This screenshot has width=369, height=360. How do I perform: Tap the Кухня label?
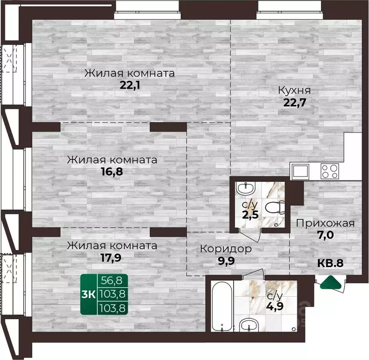(x=295, y=90)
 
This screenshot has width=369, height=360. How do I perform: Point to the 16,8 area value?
(x=111, y=171)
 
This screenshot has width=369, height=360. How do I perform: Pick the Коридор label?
(x=226, y=248)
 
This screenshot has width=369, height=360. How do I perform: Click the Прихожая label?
(x=325, y=223)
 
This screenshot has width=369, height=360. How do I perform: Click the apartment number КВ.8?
(x=331, y=263)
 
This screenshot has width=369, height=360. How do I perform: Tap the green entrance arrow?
(x=332, y=282)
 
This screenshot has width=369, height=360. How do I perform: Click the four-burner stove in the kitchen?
(x=329, y=171)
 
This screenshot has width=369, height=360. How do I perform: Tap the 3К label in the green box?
(x=89, y=294)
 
